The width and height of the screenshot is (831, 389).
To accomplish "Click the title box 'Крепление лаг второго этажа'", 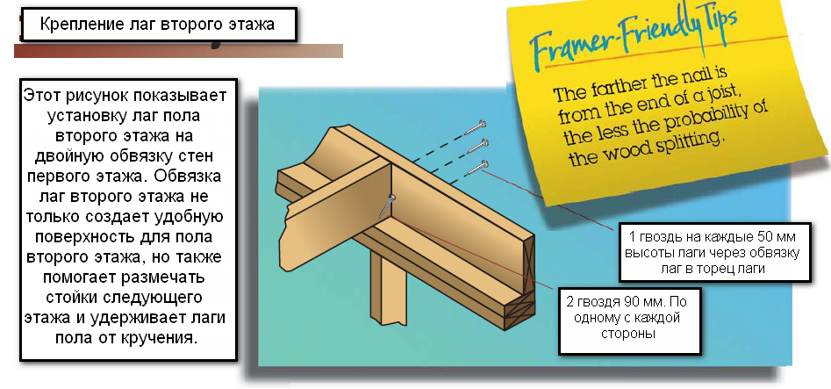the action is click(158, 25).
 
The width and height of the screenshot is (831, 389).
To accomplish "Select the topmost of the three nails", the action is click(476, 127).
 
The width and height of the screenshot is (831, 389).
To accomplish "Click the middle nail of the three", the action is click(477, 146).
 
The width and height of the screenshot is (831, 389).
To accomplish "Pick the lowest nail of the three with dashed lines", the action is click(477, 167).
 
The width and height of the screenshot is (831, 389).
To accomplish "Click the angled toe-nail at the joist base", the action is click(387, 205).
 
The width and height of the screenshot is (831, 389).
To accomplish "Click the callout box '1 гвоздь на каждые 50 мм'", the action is click(715, 252).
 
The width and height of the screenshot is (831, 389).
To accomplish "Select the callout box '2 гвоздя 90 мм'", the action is click(629, 321).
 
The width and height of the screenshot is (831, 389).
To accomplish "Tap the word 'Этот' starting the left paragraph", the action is click(41, 97).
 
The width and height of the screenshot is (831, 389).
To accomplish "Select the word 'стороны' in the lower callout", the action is click(628, 335).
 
